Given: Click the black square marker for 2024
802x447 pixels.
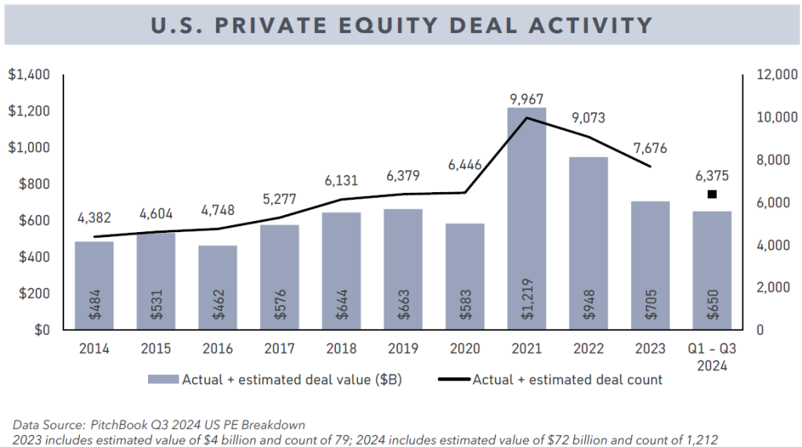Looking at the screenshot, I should click(x=712, y=194).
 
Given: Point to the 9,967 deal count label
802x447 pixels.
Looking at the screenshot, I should click(x=526, y=99).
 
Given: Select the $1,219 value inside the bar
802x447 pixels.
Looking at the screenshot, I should click(x=526, y=302).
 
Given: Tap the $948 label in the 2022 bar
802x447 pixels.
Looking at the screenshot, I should click(x=588, y=303).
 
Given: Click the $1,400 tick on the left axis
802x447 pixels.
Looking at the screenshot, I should click(x=29, y=75).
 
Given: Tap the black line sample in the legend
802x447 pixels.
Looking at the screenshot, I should click(x=450, y=380).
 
